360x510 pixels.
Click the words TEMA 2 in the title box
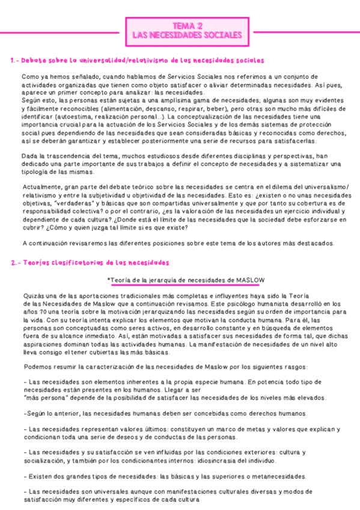coord(187,26)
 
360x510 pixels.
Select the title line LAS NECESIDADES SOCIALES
coord(187,35)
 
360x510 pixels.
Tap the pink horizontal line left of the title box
coord(60,31)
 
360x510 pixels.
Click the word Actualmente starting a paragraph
coord(41,186)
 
